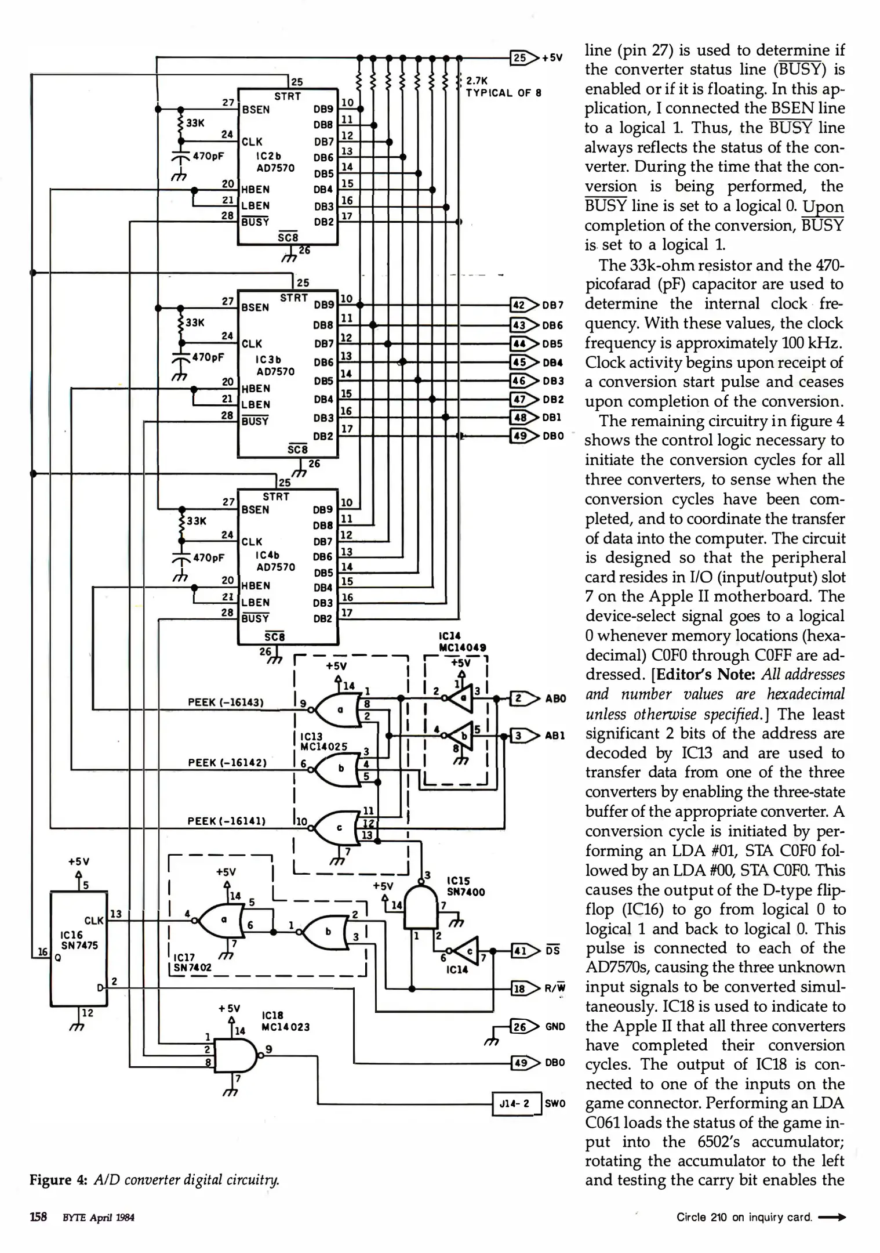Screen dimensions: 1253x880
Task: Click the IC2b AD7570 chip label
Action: pos(275,162)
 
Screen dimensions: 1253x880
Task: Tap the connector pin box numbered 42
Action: pos(519,305)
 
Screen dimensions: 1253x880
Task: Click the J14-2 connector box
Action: pos(515,1103)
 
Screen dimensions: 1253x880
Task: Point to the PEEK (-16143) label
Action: pos(226,702)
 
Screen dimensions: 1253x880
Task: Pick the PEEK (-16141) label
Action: pos(226,821)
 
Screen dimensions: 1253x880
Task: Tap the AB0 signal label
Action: pos(555,698)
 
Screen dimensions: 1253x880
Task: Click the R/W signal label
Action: pos(555,988)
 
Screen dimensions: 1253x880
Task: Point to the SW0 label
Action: pos(555,1103)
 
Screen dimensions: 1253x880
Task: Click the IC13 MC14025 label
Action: pos(323,741)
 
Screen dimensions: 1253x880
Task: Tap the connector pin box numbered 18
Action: pos(519,988)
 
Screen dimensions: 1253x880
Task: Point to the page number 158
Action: pos(38,1217)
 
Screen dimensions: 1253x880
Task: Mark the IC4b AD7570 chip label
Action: pos(275,561)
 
